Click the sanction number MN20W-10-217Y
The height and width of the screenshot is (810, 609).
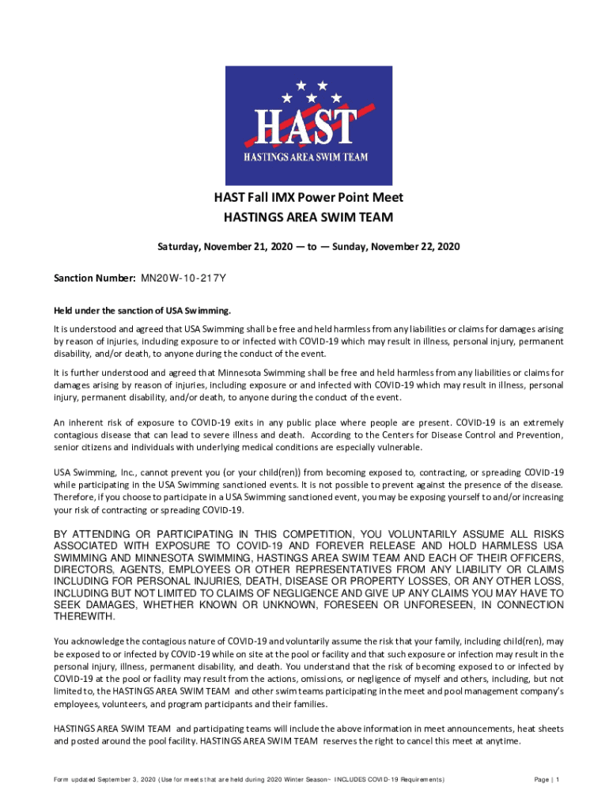(185, 278)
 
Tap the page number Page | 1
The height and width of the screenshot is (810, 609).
(547, 780)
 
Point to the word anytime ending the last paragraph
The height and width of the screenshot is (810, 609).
(503, 741)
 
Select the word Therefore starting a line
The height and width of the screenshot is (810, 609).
(76, 498)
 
